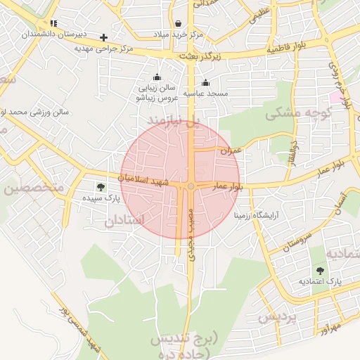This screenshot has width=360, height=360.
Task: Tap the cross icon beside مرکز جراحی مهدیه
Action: (104, 37)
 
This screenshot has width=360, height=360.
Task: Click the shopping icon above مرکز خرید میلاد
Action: (177, 23)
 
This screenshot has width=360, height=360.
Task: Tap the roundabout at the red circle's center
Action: (191, 186)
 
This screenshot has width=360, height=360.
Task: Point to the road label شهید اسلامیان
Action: (143, 180)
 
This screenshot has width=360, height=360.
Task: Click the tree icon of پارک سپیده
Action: (101, 187)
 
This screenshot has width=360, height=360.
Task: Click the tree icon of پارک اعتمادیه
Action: (320, 271)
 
